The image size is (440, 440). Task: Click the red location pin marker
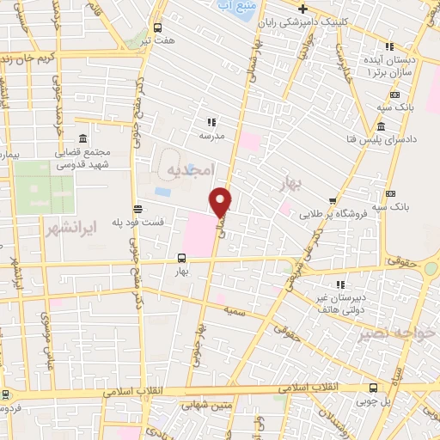pos(223,201)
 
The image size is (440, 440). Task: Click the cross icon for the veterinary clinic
pos(302,8)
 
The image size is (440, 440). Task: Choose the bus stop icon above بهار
pos(180,257)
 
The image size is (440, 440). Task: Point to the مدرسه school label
pos(211,136)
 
